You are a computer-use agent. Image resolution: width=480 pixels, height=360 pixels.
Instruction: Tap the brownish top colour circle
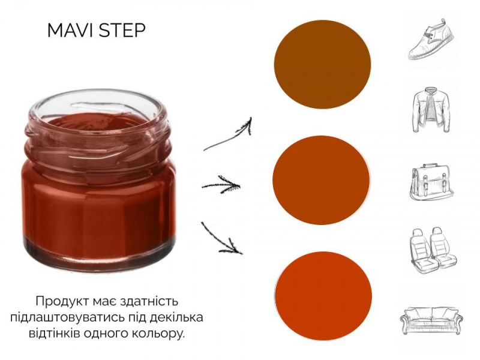(322, 65)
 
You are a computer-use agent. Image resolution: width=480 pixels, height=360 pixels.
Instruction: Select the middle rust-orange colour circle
(321, 180)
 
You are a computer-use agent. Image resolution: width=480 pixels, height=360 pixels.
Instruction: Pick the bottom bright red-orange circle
(323, 296)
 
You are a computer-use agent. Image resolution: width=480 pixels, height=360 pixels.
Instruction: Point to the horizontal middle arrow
(221, 185)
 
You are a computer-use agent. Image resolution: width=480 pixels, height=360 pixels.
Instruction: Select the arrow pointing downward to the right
(221, 238)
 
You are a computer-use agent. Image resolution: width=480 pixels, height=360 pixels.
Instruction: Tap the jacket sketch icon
(431, 110)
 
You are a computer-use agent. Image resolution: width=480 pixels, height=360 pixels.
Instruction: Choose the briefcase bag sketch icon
(431, 182)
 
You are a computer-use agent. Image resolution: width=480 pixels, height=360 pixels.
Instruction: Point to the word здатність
(149, 301)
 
